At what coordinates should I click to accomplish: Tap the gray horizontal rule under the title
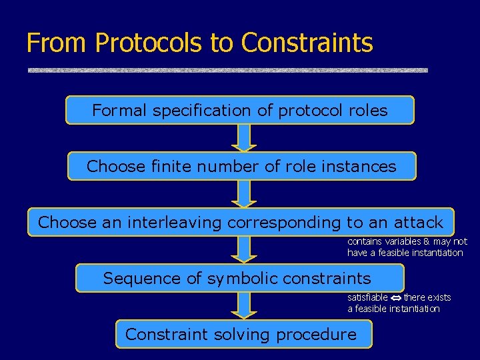(x=227, y=70)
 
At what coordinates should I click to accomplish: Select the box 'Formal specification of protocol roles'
(x=239, y=110)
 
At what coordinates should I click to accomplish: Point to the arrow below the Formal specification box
(x=244, y=138)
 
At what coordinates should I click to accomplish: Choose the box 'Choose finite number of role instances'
(x=241, y=166)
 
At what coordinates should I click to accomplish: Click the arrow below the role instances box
(x=244, y=194)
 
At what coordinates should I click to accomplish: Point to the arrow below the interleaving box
(x=244, y=250)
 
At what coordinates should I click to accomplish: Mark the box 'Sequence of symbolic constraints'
(x=239, y=278)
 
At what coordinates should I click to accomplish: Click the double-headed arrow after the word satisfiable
(x=395, y=297)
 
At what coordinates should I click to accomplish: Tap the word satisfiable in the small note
(x=367, y=297)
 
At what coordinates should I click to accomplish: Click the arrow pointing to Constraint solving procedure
(x=244, y=306)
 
